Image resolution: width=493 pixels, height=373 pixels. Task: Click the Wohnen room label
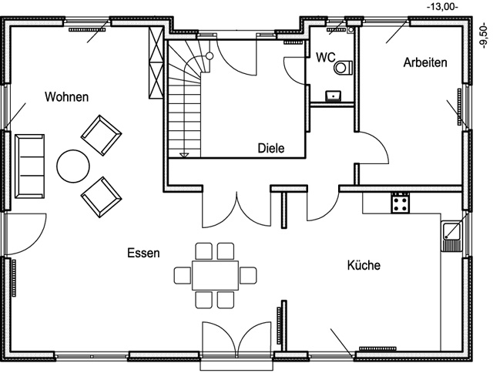point(66,97)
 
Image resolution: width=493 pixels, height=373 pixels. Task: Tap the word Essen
point(144,253)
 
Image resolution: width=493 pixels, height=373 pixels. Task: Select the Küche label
point(364,265)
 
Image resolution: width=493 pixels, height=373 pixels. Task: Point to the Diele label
point(271,149)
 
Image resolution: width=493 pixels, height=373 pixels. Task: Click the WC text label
point(325,57)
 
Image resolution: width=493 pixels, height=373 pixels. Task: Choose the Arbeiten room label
point(425,62)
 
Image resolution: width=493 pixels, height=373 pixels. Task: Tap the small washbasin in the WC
point(334,96)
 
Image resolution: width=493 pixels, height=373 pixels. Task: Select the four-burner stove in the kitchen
point(400,203)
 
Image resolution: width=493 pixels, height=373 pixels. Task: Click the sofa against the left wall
point(30,164)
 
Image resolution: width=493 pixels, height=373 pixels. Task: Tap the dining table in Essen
point(215,274)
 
